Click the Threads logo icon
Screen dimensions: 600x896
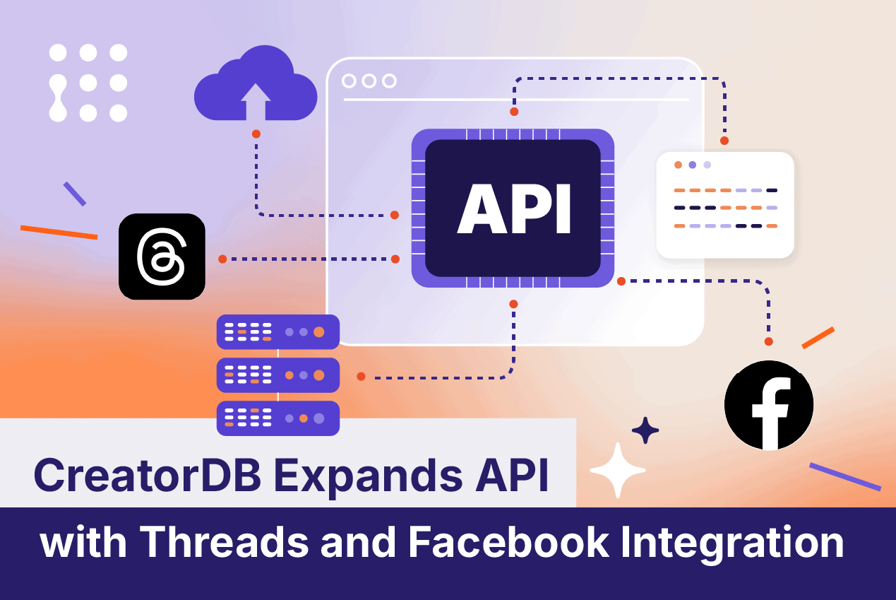point(162,256)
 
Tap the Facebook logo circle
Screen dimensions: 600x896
point(769,406)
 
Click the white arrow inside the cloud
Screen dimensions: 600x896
point(255,100)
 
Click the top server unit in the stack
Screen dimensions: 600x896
point(278,331)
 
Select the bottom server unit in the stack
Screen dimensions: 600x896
point(278,418)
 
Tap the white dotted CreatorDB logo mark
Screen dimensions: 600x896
point(88,83)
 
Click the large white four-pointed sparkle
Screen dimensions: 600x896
point(618,471)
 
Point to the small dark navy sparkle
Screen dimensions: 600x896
point(645,430)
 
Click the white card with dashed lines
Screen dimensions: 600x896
point(725,205)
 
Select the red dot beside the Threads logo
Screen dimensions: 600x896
point(222,259)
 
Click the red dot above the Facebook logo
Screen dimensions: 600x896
point(769,341)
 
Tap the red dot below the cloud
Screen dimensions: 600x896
point(256,134)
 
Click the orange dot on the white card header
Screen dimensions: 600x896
point(678,165)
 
